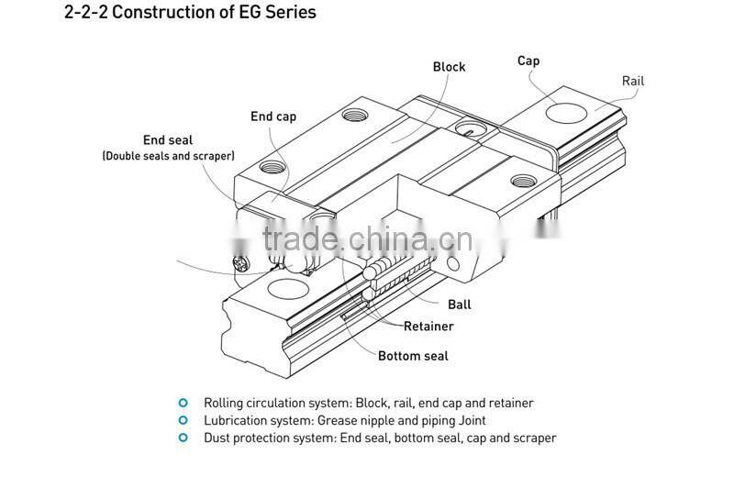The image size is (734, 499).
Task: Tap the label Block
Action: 449,67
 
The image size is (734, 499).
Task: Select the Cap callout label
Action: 528,61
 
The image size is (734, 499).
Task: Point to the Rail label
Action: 633,81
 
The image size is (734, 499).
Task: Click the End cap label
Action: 273,116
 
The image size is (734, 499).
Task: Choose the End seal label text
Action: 168,140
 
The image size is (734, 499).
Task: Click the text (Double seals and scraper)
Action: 168,156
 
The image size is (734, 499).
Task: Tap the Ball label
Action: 460,305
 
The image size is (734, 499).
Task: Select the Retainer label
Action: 428,326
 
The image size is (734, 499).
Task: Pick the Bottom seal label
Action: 413,355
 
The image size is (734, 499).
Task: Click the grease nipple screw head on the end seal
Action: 239,265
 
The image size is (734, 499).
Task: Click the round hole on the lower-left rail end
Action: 287,291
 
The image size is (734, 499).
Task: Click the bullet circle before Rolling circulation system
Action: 183,403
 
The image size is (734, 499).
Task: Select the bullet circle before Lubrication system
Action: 183,420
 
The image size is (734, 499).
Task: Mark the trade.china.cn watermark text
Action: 367,239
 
